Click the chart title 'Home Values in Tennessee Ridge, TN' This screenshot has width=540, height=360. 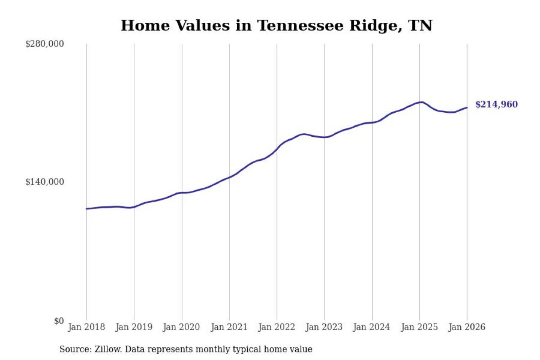276,26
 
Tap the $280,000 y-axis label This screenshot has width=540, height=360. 44,44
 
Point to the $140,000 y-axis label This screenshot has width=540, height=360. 44,182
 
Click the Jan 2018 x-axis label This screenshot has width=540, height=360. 86,328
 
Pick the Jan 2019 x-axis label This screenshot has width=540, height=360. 134,328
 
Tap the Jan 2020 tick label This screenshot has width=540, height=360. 182,328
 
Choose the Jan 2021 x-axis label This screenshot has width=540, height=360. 229,328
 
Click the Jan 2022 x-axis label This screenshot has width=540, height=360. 277,328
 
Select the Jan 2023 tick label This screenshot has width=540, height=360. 324,328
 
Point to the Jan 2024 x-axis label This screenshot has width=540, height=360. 372,328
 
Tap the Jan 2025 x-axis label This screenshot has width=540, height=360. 420,328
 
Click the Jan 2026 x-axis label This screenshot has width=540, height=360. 467,328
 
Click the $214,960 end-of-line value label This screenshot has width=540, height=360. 496,105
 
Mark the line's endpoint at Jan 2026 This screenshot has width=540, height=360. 467,107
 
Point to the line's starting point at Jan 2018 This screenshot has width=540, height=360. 86,209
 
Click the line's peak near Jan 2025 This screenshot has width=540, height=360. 421,102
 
